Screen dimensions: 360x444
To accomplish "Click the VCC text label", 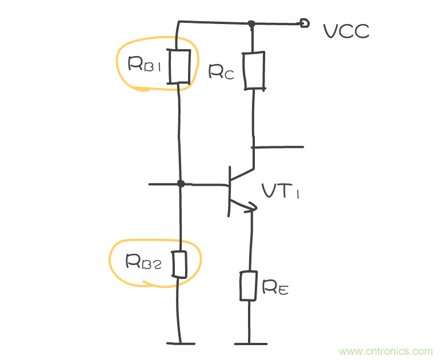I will point(346,31).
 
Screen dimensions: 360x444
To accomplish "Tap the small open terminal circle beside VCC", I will point(305,23).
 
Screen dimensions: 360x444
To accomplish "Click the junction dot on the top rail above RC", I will point(251,24).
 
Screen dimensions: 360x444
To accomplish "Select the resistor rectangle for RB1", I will point(179,66).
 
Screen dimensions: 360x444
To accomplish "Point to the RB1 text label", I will point(145,64).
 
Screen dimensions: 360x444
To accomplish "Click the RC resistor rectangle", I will point(254,70).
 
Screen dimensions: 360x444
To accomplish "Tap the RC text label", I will point(221,71).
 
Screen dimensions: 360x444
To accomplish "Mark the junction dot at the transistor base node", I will point(181,184).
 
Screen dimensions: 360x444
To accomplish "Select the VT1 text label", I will point(281,191).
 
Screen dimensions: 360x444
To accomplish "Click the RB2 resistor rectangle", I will point(179,264).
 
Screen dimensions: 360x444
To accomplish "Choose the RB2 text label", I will point(145,262).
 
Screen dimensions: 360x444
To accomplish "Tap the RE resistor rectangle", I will point(249,286).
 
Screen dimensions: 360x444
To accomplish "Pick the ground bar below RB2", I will point(181,343).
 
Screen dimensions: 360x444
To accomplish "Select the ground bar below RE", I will point(250,343).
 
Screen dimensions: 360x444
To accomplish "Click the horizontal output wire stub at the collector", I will point(278,147).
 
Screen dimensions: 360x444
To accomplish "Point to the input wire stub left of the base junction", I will point(163,184).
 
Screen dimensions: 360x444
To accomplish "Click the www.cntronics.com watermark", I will point(386,351).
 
